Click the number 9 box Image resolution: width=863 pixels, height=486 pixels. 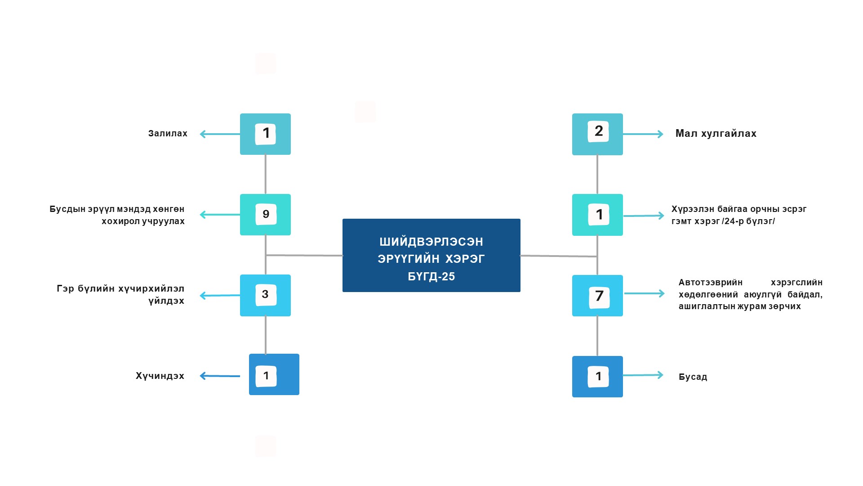[x=265, y=215]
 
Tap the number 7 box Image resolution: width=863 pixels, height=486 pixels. [x=597, y=296]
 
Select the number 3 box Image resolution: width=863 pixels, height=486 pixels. [x=265, y=295]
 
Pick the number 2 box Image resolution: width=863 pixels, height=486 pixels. [x=597, y=134]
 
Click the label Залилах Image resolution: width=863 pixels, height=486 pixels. [x=168, y=134]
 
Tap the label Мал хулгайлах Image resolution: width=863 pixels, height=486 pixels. [x=716, y=134]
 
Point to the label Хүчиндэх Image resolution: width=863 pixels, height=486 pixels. [x=160, y=376]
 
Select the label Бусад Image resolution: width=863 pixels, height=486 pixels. [x=693, y=377]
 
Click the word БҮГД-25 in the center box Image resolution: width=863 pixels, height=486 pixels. [x=431, y=276]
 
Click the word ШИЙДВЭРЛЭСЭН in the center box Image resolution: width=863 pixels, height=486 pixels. [x=431, y=242]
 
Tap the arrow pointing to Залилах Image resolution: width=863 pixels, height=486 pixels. [x=220, y=134]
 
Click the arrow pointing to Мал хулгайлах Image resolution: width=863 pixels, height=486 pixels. [x=643, y=134]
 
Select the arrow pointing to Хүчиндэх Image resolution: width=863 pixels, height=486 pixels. [x=220, y=376]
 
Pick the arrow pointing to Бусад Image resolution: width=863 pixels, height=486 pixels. [x=643, y=375]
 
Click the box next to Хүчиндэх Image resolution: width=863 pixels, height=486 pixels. [x=274, y=374]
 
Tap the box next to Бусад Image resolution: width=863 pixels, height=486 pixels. [x=597, y=377]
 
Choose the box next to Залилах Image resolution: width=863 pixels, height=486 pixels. [x=265, y=134]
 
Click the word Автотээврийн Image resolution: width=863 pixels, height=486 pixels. [x=711, y=283]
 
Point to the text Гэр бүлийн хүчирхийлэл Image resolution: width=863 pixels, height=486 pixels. [x=120, y=288]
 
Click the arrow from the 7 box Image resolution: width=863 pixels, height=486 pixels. [x=644, y=293]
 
